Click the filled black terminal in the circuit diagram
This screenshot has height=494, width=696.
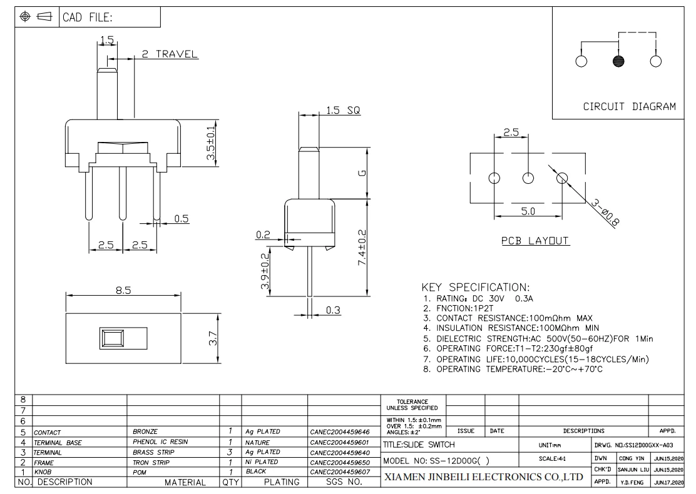tap(618, 61)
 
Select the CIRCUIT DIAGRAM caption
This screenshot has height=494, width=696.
tap(629, 106)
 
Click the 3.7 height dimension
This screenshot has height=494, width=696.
tap(213, 339)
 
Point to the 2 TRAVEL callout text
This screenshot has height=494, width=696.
tap(169, 54)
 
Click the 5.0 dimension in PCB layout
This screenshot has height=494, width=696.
tap(528, 212)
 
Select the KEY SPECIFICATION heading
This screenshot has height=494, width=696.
tap(476, 288)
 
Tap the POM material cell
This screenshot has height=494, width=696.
tap(140, 472)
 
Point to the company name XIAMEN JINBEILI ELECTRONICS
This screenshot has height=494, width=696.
tap(483, 478)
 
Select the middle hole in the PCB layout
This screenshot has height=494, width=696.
tap(528, 178)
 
